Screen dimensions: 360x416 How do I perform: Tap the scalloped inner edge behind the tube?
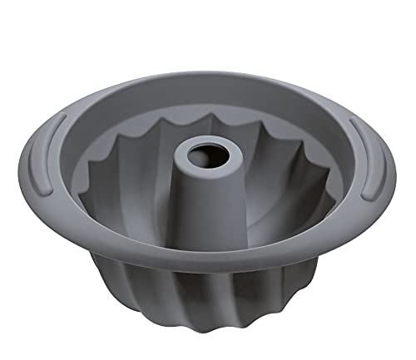click(208, 112)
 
